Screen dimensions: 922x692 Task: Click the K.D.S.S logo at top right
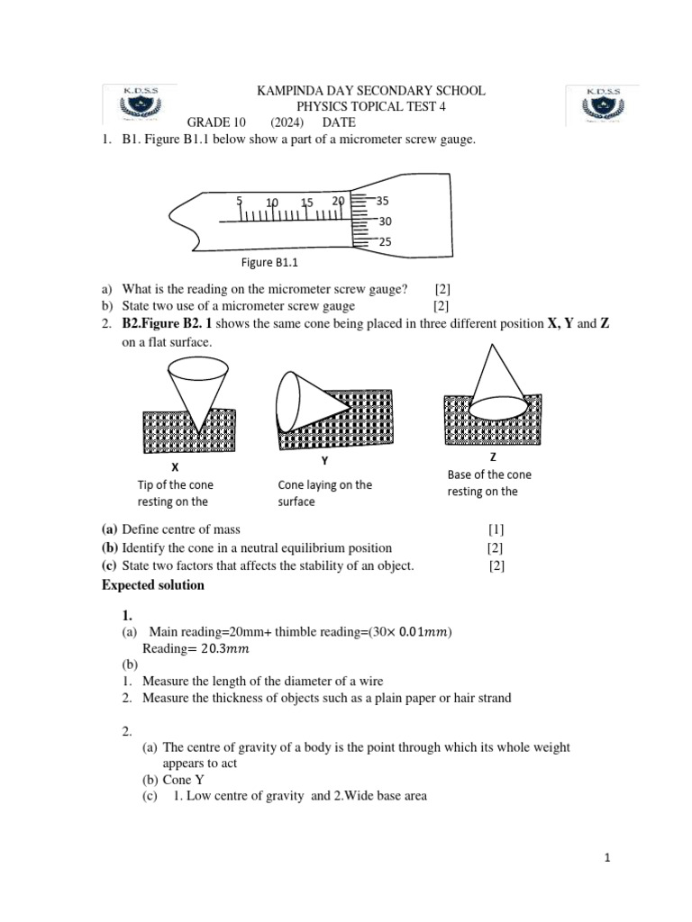coord(602,105)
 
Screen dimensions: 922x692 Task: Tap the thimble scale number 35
coord(384,201)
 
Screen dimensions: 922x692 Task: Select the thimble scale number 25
coord(385,242)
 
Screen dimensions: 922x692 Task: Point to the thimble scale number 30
coord(385,221)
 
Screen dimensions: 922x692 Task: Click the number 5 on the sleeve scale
coord(240,201)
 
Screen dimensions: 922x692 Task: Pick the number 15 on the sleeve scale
coord(307,203)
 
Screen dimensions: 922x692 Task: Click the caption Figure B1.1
coord(269,263)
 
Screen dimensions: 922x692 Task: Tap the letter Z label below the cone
coord(493,456)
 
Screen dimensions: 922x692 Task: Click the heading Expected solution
coord(153,585)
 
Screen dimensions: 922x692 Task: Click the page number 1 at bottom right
coord(608,859)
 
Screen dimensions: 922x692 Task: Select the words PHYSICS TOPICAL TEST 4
coord(371,107)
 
